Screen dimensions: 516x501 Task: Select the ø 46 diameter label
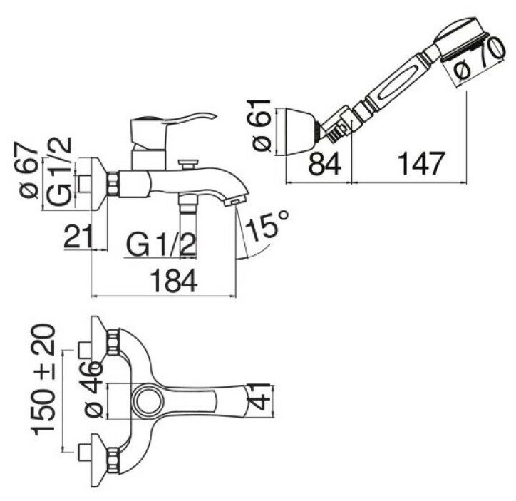[x=96, y=388]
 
